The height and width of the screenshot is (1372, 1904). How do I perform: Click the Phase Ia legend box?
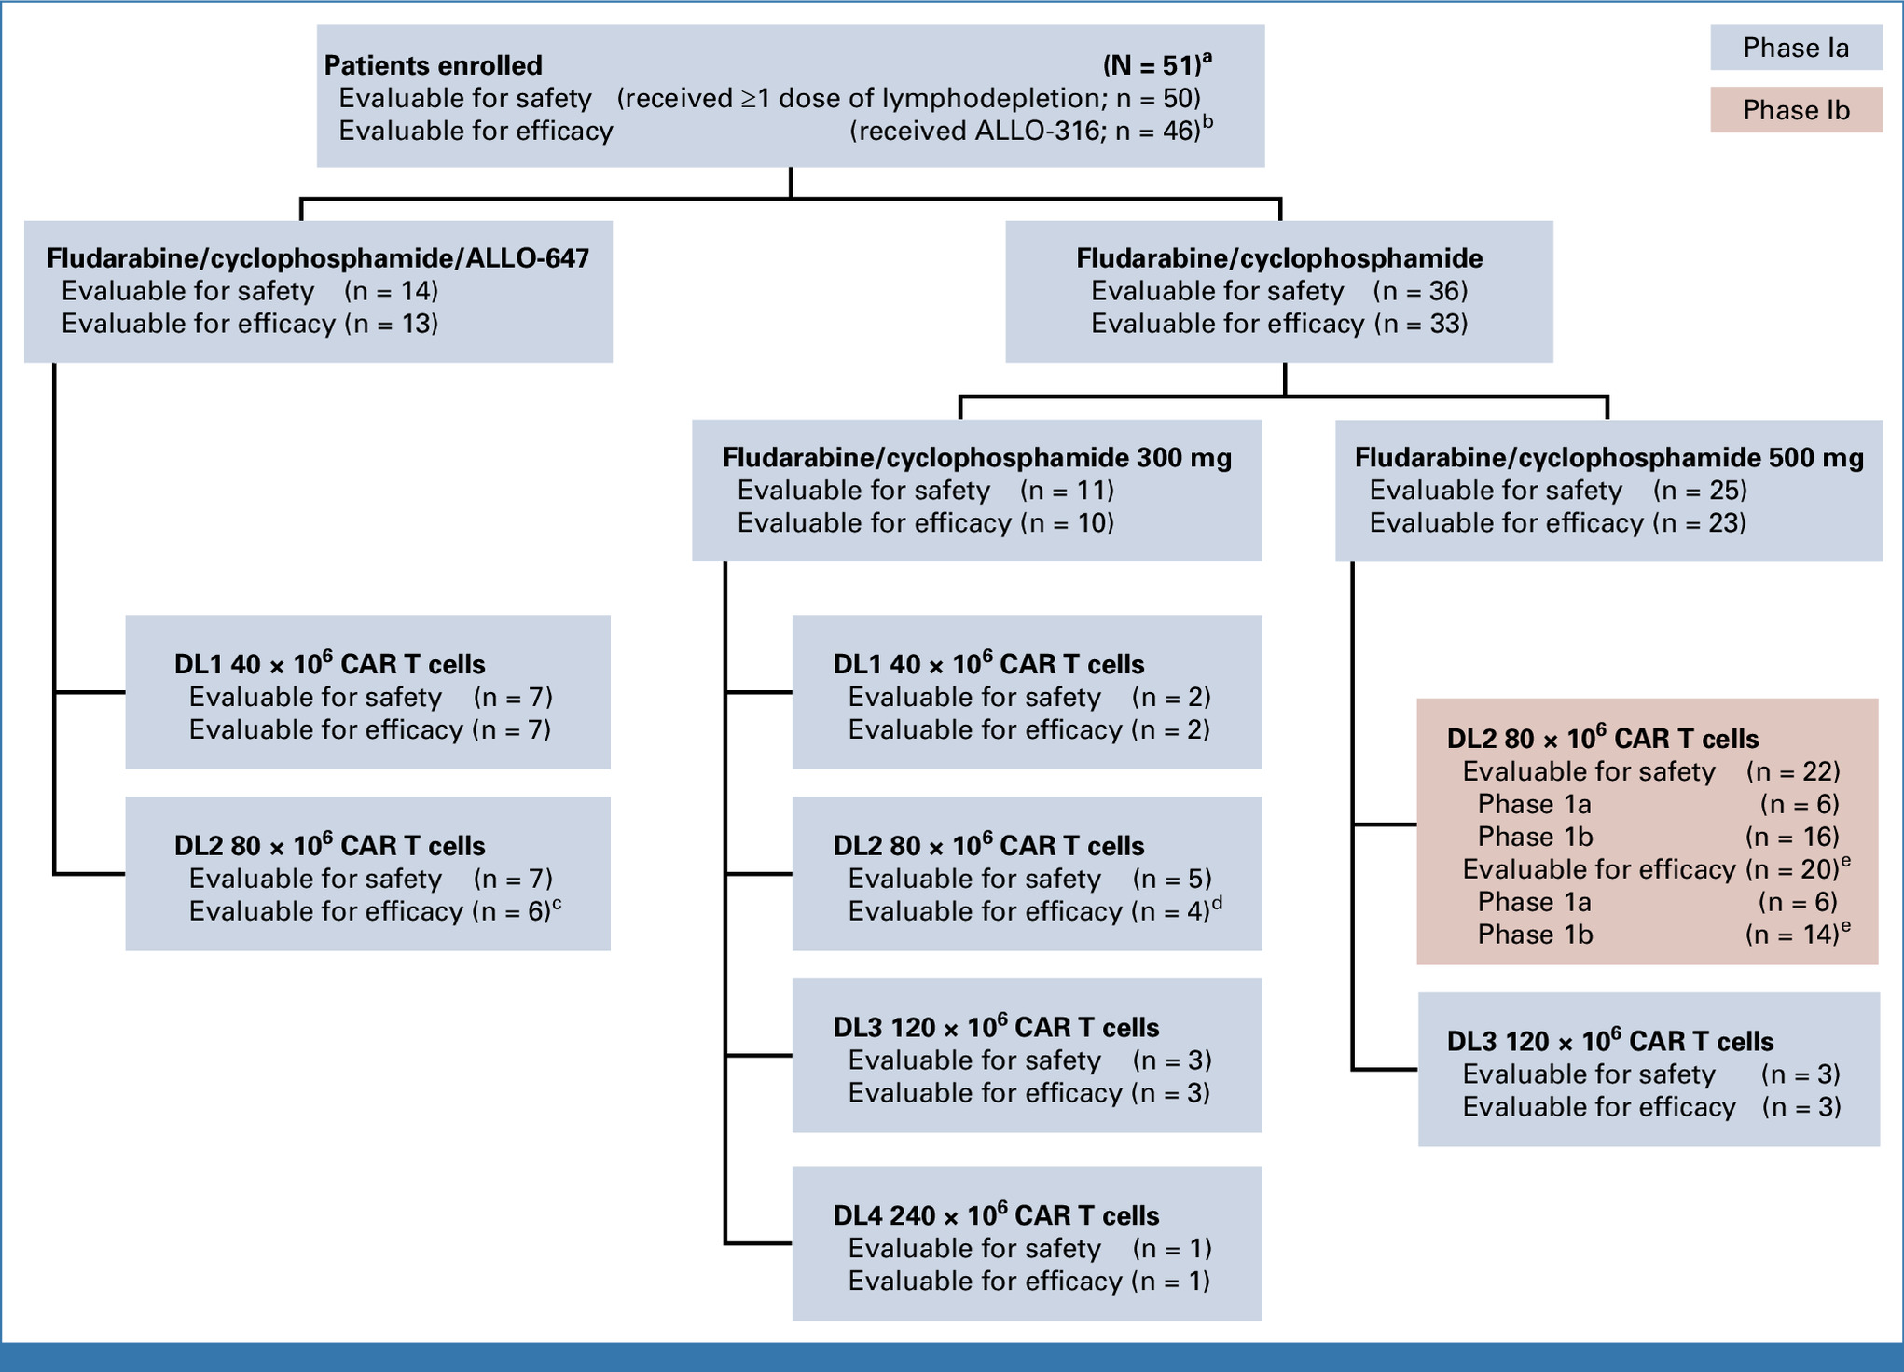1796,48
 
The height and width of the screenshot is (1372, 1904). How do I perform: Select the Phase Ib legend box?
1796,110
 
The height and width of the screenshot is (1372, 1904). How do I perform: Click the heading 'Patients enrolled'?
433,65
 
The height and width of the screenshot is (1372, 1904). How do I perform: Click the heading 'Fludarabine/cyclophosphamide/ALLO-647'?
318,258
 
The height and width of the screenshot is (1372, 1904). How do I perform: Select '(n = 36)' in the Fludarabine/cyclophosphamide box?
1420,291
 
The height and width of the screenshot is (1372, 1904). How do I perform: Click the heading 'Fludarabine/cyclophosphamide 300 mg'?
977,458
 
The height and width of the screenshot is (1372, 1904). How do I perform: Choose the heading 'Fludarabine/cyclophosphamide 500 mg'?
1609,458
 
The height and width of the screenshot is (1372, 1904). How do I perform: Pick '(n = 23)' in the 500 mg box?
1699,523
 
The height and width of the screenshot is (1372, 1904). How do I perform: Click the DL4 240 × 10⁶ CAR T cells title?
996,1214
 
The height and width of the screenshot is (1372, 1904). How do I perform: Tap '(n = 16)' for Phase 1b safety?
1792,837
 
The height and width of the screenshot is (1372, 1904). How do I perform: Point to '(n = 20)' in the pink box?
1792,869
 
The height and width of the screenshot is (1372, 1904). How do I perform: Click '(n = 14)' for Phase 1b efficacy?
1792,935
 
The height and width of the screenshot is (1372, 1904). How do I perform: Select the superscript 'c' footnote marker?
558,902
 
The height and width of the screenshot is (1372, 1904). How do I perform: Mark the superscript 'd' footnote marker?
1217,902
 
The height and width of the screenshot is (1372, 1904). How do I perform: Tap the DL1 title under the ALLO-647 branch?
329,663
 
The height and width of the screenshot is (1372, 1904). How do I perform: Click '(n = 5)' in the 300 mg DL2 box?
1171,879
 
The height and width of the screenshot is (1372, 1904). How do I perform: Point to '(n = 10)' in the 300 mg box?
1067,523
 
